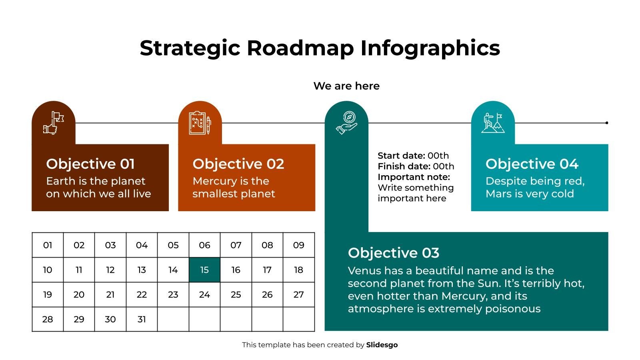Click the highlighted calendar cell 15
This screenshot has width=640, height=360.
click(x=204, y=270)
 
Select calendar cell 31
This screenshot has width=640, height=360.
click(x=142, y=319)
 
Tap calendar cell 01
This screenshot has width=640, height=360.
click(x=48, y=245)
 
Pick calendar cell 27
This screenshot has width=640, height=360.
click(x=298, y=295)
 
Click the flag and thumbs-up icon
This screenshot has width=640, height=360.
click(x=54, y=123)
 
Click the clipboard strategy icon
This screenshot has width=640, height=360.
click(x=200, y=123)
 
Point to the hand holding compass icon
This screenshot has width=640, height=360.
click(x=346, y=123)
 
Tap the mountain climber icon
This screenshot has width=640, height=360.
click(x=493, y=123)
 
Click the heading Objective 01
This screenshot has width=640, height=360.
click(x=90, y=164)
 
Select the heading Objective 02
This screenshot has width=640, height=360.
click(x=238, y=164)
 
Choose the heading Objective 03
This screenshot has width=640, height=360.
click(x=394, y=253)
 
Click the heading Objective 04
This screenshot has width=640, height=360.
click(x=532, y=164)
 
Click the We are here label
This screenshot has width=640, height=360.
click(x=346, y=86)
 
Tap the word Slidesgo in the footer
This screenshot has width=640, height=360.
click(x=382, y=345)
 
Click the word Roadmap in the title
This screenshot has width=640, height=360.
click(x=300, y=48)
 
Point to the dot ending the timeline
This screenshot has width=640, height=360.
click(x=607, y=123)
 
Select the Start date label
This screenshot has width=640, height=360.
click(x=401, y=156)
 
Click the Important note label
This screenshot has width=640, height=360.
click(x=414, y=177)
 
